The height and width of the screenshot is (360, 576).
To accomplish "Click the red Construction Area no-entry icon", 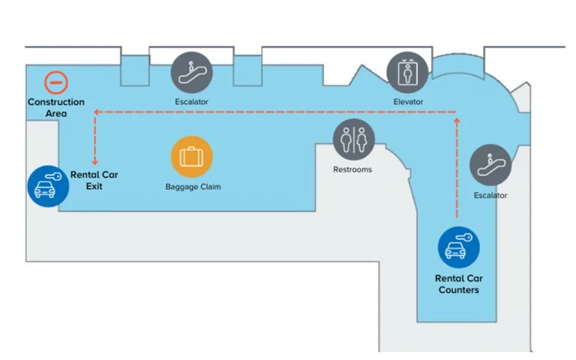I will (56, 82).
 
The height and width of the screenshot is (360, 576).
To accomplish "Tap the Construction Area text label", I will (56, 107).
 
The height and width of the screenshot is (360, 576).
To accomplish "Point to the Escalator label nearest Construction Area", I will (191, 101).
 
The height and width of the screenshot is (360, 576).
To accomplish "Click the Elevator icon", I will (408, 72).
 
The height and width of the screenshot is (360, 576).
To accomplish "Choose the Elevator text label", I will (408, 101).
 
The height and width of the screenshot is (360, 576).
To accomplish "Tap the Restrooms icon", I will (352, 139).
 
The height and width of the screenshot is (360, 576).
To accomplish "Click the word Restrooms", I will (352, 169).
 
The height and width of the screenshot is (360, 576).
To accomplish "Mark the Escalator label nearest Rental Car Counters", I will (490, 196).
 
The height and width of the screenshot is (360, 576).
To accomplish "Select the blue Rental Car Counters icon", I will (458, 247).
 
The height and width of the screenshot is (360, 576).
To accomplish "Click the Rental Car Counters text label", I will (458, 284).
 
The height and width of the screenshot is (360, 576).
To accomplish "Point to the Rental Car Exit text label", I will (94, 180).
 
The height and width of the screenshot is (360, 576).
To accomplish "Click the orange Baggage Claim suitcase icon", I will (192, 157).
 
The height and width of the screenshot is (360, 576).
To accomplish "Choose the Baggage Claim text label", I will (193, 186).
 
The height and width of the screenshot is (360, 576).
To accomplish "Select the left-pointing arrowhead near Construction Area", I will (97, 112).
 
